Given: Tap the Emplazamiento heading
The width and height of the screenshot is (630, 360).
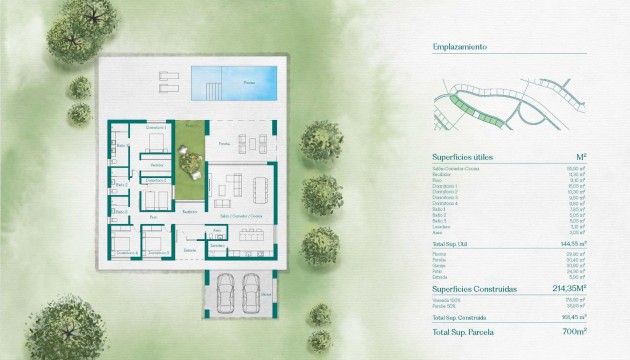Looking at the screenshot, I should (x=459, y=47).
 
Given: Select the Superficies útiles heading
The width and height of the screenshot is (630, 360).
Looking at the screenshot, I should (x=463, y=157).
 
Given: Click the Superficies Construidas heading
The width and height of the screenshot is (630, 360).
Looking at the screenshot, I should (x=475, y=288).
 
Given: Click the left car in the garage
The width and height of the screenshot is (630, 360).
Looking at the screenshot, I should (x=226, y=293).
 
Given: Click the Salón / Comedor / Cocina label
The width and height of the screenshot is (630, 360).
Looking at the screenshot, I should (x=240, y=215).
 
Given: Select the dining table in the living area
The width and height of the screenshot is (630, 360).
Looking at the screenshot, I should (x=261, y=185).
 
